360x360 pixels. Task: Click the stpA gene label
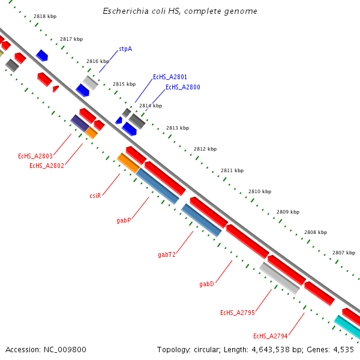tap(125, 49)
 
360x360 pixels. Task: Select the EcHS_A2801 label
tap(170, 77)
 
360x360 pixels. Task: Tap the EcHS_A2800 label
tap(182, 87)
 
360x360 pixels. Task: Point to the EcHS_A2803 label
tap(35, 156)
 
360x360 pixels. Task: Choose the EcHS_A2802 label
tap(46, 166)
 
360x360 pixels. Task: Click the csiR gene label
tap(95, 196)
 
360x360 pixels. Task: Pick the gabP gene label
tap(124, 221)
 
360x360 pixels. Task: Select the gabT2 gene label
tap(167, 254)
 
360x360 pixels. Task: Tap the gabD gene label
tap(206, 284)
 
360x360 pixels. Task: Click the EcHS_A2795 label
tap(238, 313)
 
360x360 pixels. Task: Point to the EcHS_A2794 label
tap(271, 336)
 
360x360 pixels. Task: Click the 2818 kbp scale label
tap(45, 16)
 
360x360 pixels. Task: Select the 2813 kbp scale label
tap(178, 128)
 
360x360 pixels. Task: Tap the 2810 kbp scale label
tap(260, 191)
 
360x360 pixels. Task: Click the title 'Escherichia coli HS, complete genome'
tap(180, 11)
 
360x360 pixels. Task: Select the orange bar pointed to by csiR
tap(128, 163)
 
